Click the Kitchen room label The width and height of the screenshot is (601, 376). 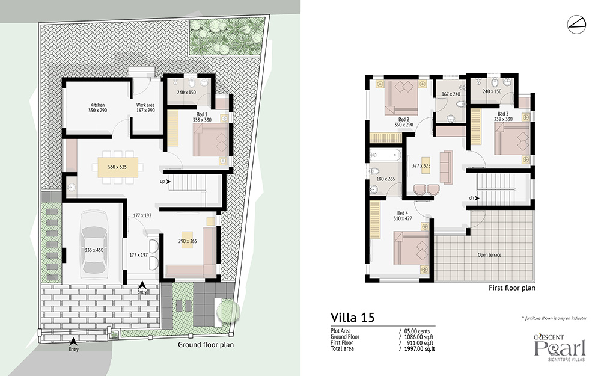click(97, 105)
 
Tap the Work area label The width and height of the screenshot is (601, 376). click(145, 105)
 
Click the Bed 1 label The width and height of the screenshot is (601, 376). click(201, 114)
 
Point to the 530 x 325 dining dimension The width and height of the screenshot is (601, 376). click(117, 167)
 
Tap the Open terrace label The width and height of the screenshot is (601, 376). click(489, 254)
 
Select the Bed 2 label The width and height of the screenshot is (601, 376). click(404, 119)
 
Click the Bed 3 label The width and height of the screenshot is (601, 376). click(503, 114)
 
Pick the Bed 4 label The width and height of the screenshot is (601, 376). click(403, 213)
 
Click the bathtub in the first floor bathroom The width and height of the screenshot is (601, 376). click(385, 155)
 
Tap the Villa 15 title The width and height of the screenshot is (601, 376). click(352, 318)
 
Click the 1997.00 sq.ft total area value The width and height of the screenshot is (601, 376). click(419, 349)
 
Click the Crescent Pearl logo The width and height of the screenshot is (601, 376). click(560, 348)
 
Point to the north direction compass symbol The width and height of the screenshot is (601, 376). click(576, 24)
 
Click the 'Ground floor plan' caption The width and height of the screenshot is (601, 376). click(206, 345)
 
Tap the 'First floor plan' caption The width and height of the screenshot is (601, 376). click(512, 288)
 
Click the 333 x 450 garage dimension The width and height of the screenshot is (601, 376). click(94, 250)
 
